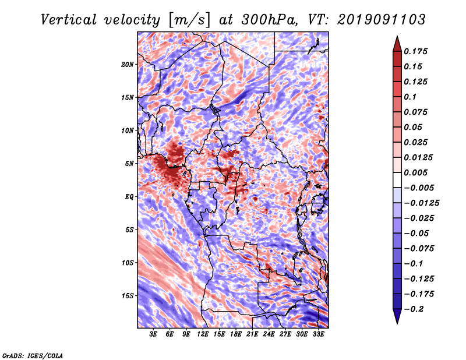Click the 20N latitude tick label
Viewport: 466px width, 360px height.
tap(128, 64)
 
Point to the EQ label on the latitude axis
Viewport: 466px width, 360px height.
tap(129, 197)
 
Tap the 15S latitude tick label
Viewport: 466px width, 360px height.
tap(128, 296)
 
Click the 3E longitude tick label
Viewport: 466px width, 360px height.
tap(154, 334)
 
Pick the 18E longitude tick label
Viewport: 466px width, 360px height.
tap(236, 334)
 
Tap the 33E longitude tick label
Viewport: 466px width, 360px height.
tap(318, 334)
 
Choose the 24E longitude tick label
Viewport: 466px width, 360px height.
tap(269, 334)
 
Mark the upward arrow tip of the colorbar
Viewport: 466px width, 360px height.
tap(396, 37)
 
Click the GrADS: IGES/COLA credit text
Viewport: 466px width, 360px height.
tap(32, 354)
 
